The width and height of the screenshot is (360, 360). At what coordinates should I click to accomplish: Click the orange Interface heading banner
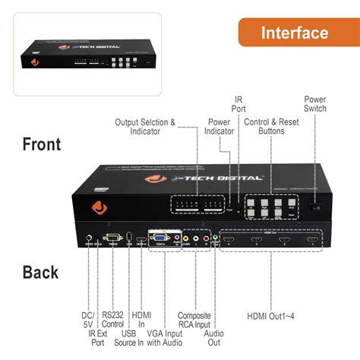tap(294, 33)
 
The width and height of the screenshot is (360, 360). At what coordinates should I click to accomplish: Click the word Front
tap(52, 144)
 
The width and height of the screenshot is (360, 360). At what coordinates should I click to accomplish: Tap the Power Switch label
tap(315, 106)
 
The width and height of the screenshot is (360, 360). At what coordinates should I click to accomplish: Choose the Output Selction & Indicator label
tap(145, 127)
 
